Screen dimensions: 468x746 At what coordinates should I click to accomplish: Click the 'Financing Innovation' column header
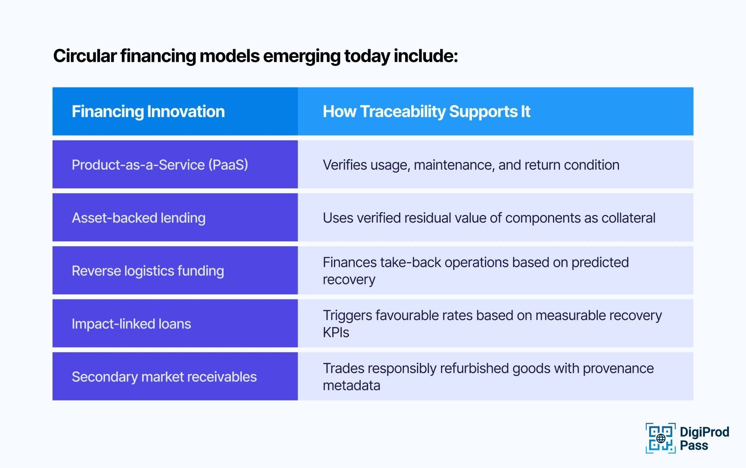click(148, 112)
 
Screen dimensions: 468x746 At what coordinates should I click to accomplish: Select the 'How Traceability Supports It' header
click(426, 112)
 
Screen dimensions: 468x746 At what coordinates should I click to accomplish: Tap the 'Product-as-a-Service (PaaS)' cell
click(160, 165)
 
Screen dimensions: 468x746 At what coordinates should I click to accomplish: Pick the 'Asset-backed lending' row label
click(138, 218)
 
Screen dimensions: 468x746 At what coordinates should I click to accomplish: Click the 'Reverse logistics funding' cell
click(147, 271)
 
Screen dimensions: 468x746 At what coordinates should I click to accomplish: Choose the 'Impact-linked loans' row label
click(131, 324)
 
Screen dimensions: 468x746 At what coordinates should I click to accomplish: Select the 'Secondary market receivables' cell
click(164, 376)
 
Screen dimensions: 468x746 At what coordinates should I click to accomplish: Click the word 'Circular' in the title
click(85, 56)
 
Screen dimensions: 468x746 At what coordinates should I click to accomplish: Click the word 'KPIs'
click(336, 332)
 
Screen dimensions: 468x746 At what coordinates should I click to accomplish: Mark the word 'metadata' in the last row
click(351, 385)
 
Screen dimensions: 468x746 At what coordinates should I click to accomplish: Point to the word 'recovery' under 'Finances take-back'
click(349, 280)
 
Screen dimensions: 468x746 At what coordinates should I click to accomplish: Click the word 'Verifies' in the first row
click(345, 165)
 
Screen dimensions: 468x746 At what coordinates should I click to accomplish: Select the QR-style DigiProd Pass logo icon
click(660, 438)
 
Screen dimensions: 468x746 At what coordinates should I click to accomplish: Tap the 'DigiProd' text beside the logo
click(704, 432)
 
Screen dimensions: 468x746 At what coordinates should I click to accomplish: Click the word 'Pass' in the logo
click(694, 446)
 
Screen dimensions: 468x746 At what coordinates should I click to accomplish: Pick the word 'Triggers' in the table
click(347, 315)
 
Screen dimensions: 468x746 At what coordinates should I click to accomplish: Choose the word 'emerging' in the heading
click(301, 56)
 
